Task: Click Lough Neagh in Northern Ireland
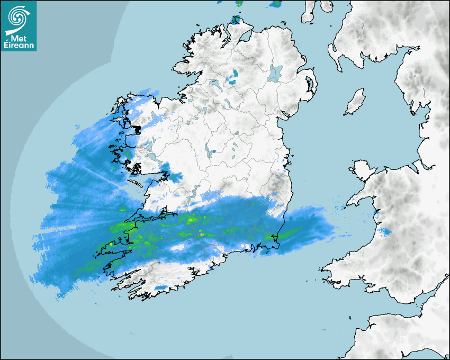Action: coord(276,73)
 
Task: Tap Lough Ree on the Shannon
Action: coord(207,149)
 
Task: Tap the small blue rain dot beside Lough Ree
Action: coord(213,151)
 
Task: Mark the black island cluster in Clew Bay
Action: coord(136,128)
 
